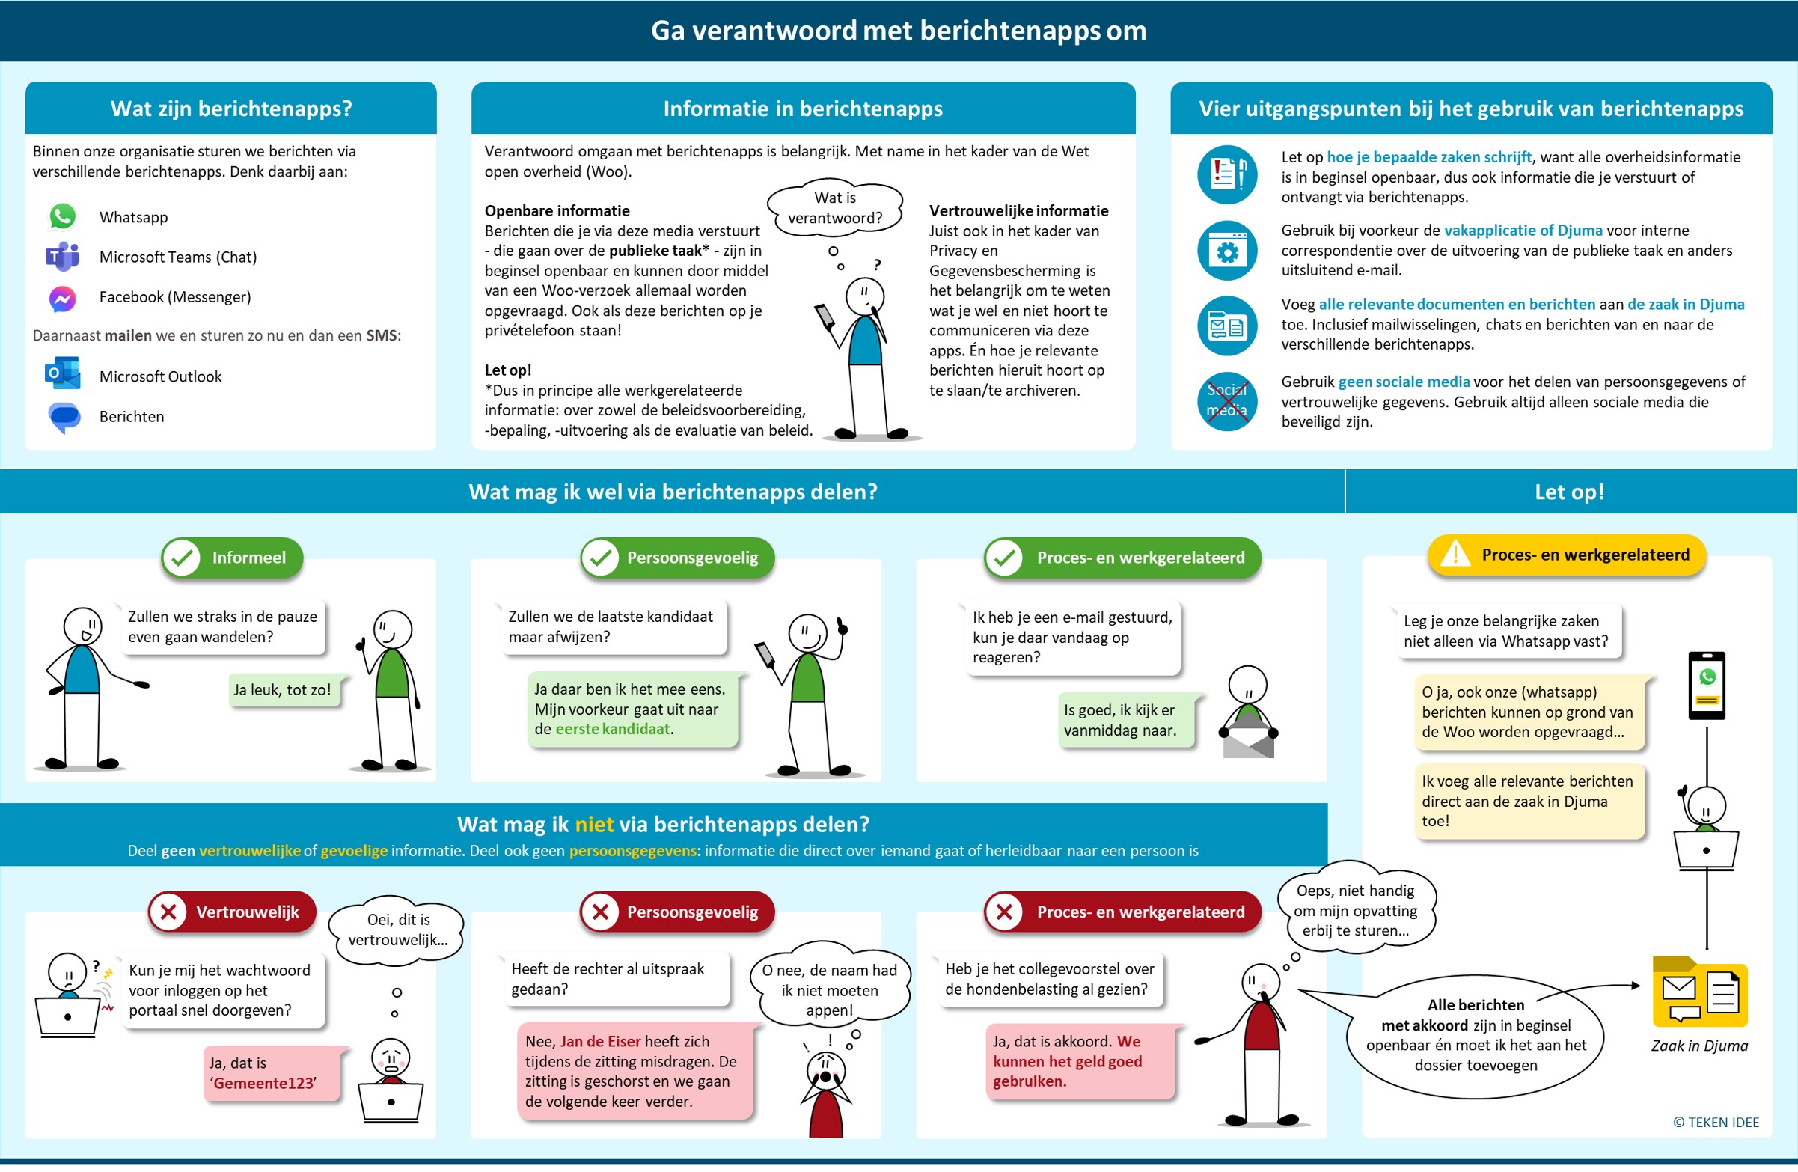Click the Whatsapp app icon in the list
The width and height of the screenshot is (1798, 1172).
(x=63, y=217)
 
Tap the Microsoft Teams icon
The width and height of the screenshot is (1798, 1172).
(x=63, y=257)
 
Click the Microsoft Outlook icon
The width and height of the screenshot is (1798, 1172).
(x=63, y=375)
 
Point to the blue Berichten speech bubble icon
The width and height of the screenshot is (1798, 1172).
(x=64, y=416)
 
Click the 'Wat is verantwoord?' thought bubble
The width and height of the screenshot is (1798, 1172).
(x=835, y=208)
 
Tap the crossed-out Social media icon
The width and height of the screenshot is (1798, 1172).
(x=1227, y=400)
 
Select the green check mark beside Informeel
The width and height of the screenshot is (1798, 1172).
(x=182, y=558)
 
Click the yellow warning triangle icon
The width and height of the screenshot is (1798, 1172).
(x=1455, y=555)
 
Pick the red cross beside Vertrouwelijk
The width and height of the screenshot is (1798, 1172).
(x=168, y=912)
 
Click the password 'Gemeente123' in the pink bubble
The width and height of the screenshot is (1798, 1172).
(x=264, y=1084)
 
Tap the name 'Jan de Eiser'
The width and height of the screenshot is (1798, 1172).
(x=601, y=1041)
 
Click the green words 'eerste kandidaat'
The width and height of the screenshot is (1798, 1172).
(x=613, y=729)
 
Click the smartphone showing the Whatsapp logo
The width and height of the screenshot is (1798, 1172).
(x=1707, y=686)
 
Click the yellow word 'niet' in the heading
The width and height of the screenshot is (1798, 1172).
(x=594, y=825)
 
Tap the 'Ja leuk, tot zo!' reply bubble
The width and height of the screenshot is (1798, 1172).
(x=283, y=690)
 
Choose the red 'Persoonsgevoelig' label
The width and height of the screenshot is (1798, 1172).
(x=692, y=912)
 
